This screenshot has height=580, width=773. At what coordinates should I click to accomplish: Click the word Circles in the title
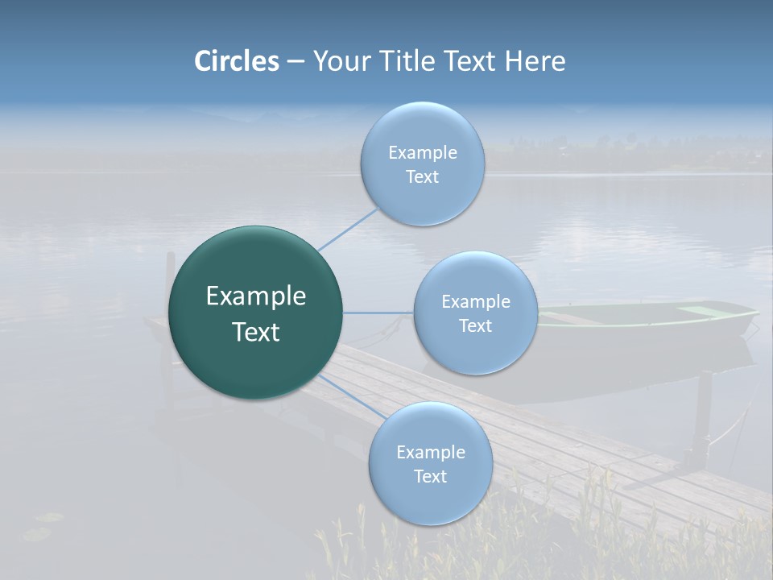pyautogui.click(x=237, y=61)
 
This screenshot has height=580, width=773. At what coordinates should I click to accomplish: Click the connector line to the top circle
pyautogui.click(x=348, y=230)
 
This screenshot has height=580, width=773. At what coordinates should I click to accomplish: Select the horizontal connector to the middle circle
pyautogui.click(x=378, y=313)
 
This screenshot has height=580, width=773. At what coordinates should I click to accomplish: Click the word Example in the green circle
pyautogui.click(x=256, y=296)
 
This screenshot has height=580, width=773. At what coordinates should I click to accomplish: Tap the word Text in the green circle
pyautogui.click(x=256, y=332)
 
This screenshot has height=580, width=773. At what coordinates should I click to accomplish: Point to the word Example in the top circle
pyautogui.click(x=423, y=153)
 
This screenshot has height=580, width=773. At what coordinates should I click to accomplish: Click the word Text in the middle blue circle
pyautogui.click(x=475, y=325)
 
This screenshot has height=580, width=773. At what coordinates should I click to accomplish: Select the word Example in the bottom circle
pyautogui.click(x=431, y=452)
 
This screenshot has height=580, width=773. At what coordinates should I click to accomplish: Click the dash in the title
pyautogui.click(x=296, y=61)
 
